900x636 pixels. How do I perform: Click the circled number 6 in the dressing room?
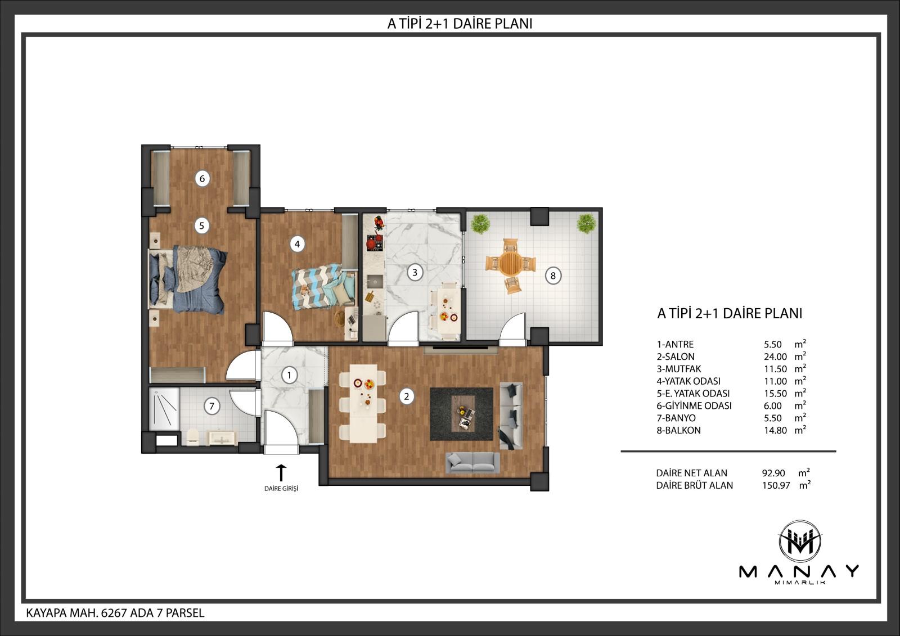(202, 178)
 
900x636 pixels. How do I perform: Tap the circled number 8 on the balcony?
(553, 276)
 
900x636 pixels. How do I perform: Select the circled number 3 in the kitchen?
(415, 273)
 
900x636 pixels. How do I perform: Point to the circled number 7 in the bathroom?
(211, 406)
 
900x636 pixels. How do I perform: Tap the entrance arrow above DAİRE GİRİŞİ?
(281, 473)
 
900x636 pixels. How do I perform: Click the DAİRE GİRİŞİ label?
(281, 489)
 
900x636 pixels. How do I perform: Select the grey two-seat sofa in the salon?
(473, 462)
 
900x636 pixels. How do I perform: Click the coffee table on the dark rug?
(463, 413)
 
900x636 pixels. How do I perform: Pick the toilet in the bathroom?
(193, 437)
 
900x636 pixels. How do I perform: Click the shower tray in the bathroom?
(164, 409)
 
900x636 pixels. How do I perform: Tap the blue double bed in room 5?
(187, 279)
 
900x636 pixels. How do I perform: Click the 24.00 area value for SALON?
(776, 357)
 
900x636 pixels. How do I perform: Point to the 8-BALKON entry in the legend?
(678, 430)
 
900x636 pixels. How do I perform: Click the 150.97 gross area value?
(776, 485)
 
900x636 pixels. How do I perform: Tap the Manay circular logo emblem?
(799, 542)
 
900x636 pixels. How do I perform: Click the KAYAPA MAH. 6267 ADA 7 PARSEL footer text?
(115, 613)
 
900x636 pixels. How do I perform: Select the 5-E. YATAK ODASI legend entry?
(693, 394)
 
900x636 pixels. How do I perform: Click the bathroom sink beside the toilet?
(222, 437)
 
